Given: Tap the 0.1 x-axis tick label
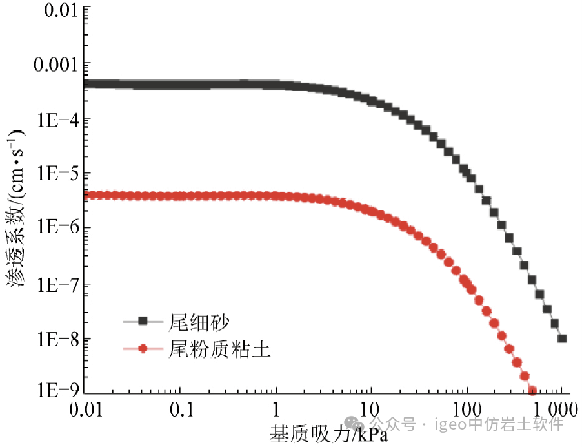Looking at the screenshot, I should pos(182,410).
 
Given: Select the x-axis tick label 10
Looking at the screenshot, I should pos(371,410).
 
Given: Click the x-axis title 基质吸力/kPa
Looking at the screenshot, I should pos(328,433).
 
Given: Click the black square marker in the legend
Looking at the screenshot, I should pos(144,320).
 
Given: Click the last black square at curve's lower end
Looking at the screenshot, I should pos(562,338).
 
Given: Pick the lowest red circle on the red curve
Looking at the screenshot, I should pos(532,390).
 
